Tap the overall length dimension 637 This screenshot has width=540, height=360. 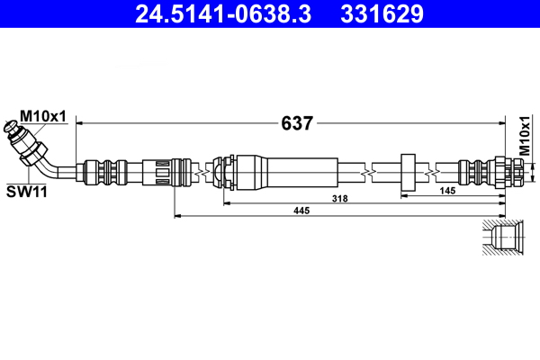click(x=296, y=123)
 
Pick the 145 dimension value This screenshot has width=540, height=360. click(x=446, y=191)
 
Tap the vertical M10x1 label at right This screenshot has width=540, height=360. click(x=524, y=139)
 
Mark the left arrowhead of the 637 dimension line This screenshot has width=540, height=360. click(x=80, y=121)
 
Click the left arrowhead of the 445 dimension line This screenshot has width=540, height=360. click(x=176, y=215)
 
